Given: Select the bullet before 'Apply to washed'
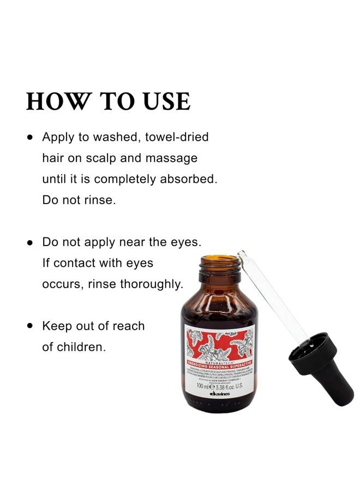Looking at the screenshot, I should pyautogui.click(x=31, y=137).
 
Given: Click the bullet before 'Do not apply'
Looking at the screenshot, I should pyautogui.click(x=31, y=242).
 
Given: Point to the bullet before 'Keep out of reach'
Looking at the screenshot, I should pyautogui.click(x=31, y=326).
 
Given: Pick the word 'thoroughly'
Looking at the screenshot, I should pyautogui.click(x=148, y=284).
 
